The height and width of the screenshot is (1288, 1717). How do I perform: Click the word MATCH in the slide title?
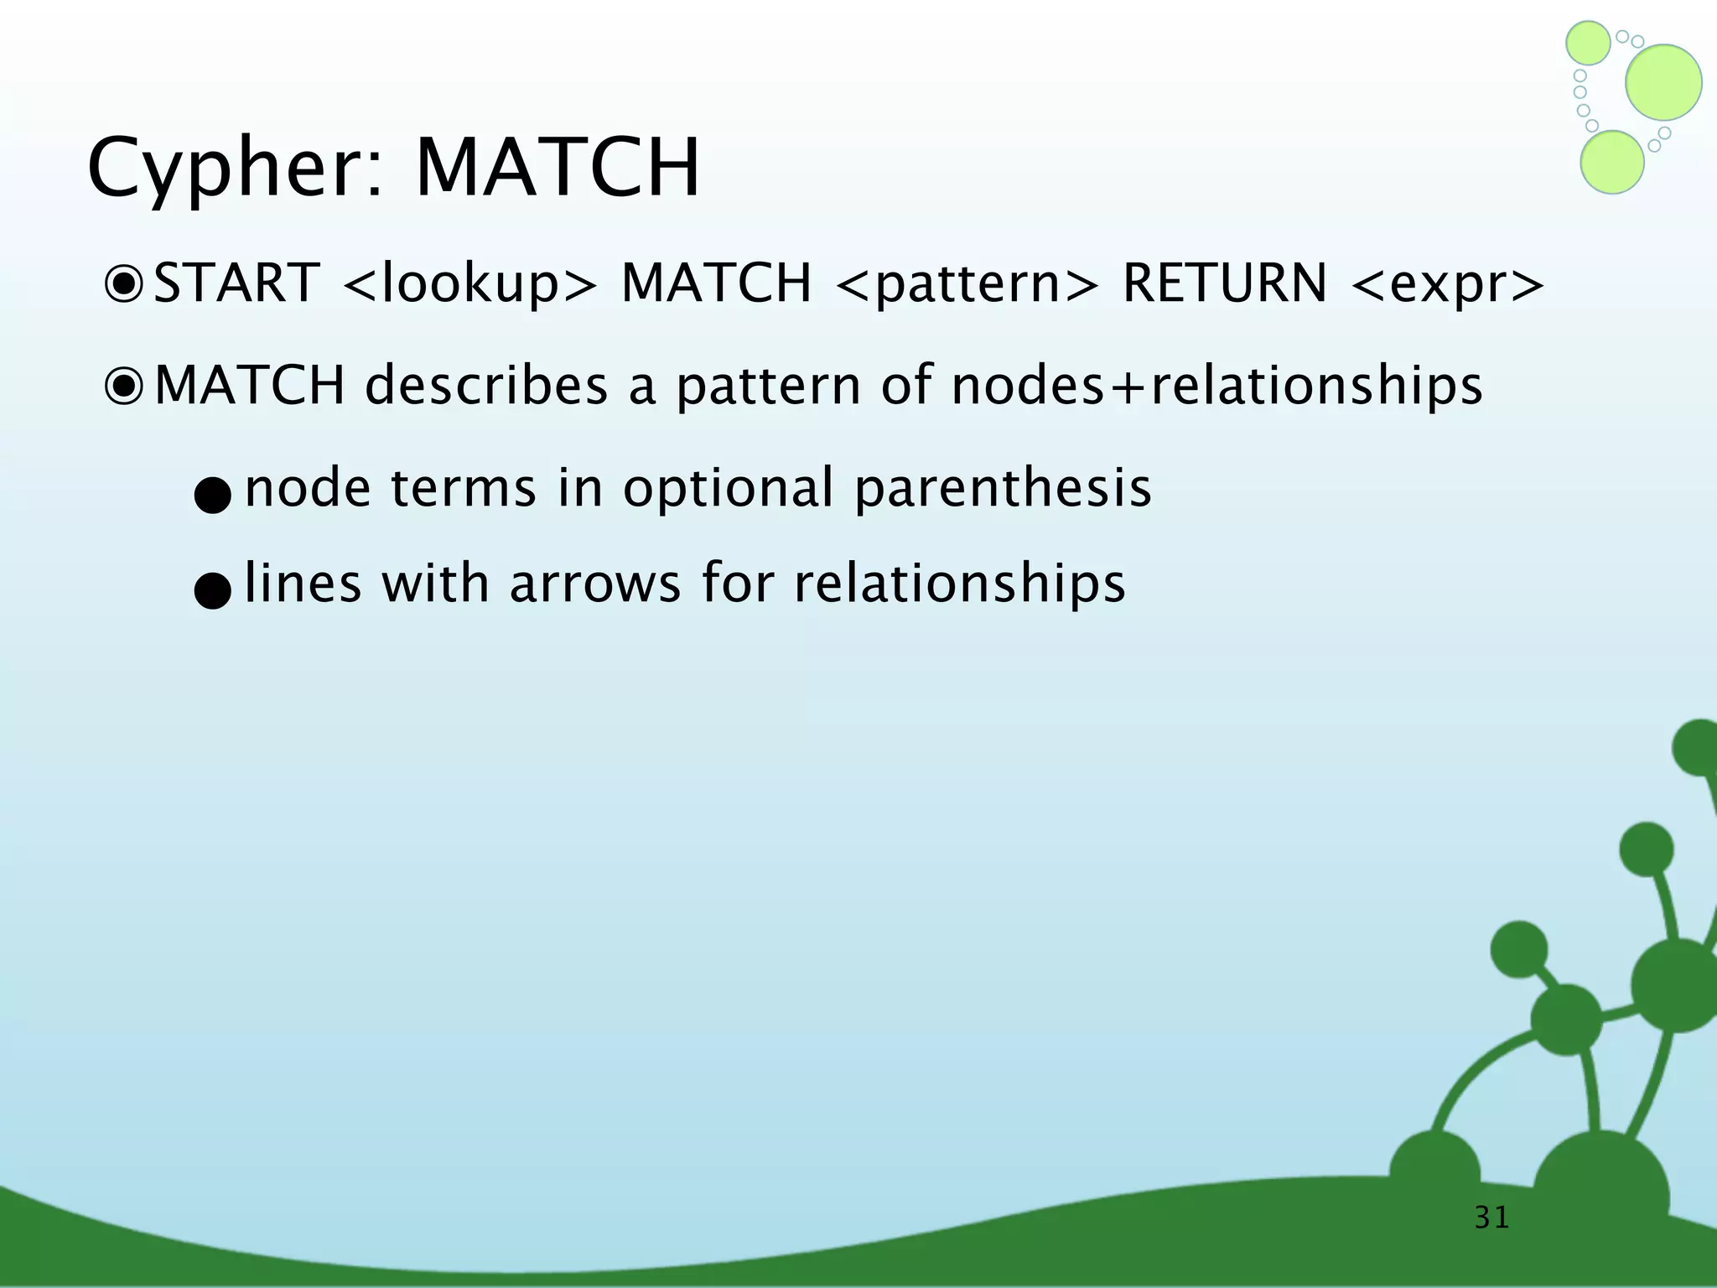point(558,168)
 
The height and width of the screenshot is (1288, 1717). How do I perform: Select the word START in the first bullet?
point(237,283)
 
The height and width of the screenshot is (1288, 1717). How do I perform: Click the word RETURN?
point(1225,283)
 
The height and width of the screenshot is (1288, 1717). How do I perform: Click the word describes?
point(486,386)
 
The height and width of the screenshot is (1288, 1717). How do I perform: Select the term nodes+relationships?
point(1216,386)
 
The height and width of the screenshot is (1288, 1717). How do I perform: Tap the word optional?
point(729,488)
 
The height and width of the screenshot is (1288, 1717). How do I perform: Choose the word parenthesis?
point(1003,488)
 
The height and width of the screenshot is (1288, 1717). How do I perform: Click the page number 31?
point(1491,1217)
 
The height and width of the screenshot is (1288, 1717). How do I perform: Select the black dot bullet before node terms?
point(211,496)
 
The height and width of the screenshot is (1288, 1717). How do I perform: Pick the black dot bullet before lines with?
point(211,591)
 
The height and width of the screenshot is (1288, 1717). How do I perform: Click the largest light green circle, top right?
point(1663,82)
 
